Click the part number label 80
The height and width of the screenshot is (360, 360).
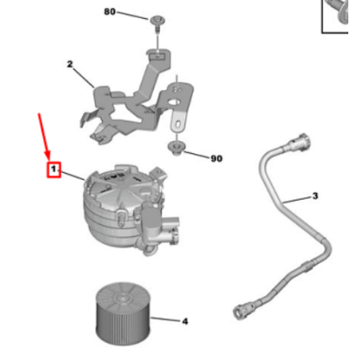110,12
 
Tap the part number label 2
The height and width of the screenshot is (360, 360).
70,65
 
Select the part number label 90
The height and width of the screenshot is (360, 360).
216,158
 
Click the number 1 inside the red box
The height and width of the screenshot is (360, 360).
54,169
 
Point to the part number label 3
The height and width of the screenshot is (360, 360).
315,195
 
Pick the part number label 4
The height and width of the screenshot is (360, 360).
184,320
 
